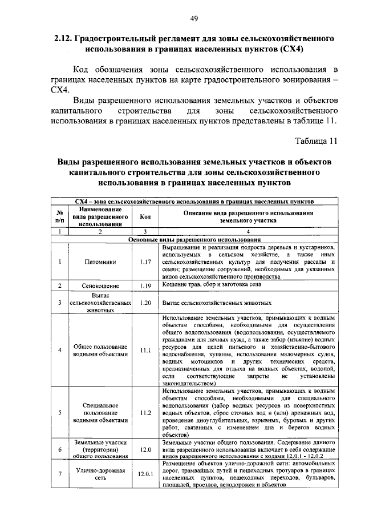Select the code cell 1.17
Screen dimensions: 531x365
click(x=145, y=262)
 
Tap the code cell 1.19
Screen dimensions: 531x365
click(x=145, y=285)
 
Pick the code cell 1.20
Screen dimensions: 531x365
click(x=145, y=303)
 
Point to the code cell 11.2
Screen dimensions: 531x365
click(x=145, y=412)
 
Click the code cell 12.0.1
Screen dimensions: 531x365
click(x=145, y=474)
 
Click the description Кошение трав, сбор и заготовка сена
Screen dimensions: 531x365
click(x=212, y=284)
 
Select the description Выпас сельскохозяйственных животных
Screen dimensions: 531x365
click(x=217, y=303)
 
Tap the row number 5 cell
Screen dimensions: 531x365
click(x=59, y=412)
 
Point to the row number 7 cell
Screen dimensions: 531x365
click(x=59, y=474)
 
